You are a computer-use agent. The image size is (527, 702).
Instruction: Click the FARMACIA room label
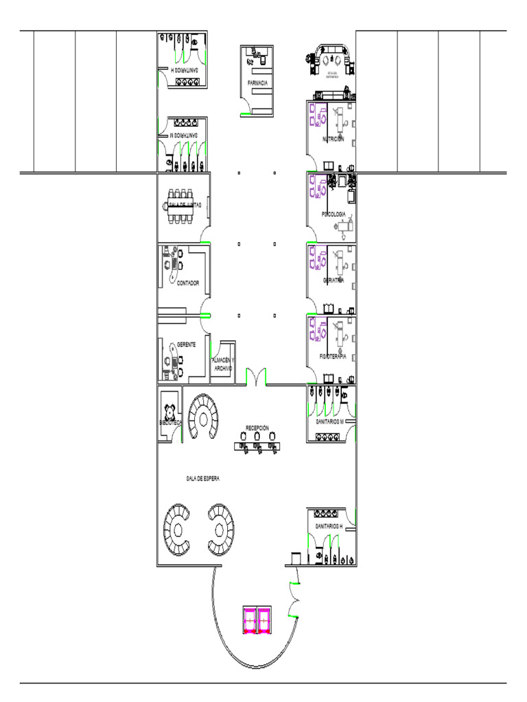[257, 83]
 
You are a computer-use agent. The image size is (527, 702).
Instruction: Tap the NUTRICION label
[333, 140]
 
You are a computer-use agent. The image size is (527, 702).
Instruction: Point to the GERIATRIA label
[333, 280]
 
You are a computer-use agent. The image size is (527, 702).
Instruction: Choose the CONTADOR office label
[188, 283]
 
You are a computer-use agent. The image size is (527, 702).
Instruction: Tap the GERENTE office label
[187, 344]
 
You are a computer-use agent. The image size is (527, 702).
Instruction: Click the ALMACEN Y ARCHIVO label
[222, 364]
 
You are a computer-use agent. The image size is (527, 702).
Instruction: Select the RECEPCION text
[257, 428]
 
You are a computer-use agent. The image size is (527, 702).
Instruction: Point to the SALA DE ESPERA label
[202, 479]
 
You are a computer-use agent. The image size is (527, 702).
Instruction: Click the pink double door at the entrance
[257, 620]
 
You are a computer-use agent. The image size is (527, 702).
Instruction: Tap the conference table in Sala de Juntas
[183, 205]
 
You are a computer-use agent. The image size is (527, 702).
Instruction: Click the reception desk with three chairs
[257, 447]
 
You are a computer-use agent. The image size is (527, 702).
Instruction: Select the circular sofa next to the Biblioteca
[203, 417]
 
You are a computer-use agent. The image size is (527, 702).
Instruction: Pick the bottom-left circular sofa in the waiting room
[180, 530]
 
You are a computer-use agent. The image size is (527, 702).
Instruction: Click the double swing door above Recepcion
[256, 376]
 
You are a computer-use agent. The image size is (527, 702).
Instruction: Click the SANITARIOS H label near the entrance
[328, 526]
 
